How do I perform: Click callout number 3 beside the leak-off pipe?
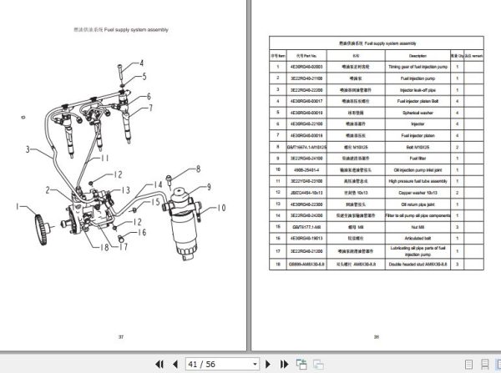coord(28,150)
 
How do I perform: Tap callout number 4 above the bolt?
coord(141,63)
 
